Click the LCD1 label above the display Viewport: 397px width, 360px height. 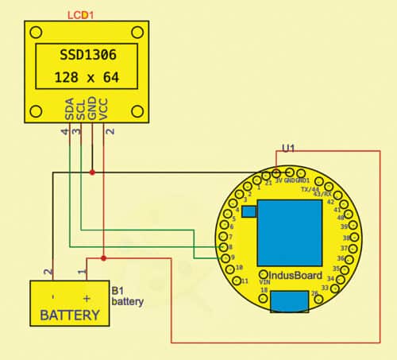[83, 15]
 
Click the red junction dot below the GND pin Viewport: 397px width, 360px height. [92, 171]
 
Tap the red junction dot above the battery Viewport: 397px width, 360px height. [104, 257]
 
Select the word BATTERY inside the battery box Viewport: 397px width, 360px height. [70, 315]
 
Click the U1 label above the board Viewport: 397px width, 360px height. [288, 148]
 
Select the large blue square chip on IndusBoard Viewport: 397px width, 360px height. [289, 226]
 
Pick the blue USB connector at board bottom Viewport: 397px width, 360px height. [289, 302]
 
